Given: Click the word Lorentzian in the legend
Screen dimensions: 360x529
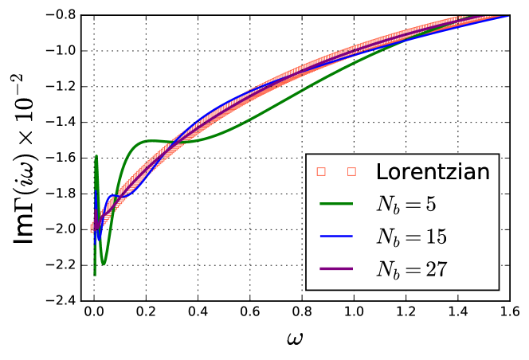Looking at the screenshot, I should pyautogui.click(x=433, y=171).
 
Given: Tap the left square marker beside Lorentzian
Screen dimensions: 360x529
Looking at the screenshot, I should pyautogui.click(x=321, y=171).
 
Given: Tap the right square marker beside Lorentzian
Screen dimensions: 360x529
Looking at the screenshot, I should pyautogui.click(x=351, y=171).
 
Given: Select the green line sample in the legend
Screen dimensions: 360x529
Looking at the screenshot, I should pyautogui.click(x=335, y=204).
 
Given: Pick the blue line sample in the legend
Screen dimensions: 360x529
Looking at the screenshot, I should pyautogui.click(x=335, y=237).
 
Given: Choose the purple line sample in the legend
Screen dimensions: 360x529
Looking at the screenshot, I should pyautogui.click(x=335, y=269).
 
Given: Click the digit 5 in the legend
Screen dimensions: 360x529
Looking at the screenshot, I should pyautogui.click(x=430, y=204).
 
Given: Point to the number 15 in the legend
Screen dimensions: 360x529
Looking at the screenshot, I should pyautogui.click(x=435, y=237).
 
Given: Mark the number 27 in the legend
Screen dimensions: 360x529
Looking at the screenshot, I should pyautogui.click(x=436, y=269).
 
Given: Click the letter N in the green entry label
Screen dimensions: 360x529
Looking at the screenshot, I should pyautogui.click(x=384, y=204).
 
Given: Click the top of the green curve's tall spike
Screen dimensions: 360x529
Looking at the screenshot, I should pyautogui.click(x=96, y=156).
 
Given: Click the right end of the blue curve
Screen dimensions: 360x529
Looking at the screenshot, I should pyautogui.click(x=508, y=16).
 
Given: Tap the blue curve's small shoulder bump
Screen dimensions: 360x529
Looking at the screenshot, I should pyautogui.click(x=116, y=195).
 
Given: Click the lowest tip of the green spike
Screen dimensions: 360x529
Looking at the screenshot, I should pyautogui.click(x=95, y=274).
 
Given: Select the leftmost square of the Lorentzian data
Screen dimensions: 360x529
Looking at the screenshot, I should pyautogui.click(x=93, y=229).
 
